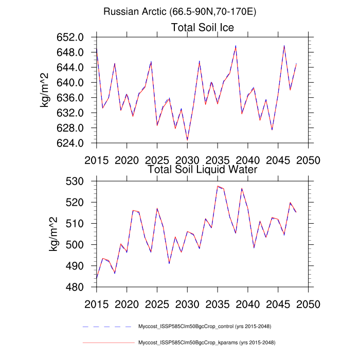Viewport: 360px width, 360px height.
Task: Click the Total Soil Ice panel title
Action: (203, 28)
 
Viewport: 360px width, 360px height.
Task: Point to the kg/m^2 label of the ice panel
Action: (47, 90)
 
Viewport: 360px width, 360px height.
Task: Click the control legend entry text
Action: (205, 327)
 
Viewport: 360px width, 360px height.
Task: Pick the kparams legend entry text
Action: (205, 342)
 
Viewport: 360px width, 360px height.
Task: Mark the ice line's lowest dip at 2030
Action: (187, 139)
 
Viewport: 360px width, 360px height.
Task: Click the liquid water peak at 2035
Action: (218, 186)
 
